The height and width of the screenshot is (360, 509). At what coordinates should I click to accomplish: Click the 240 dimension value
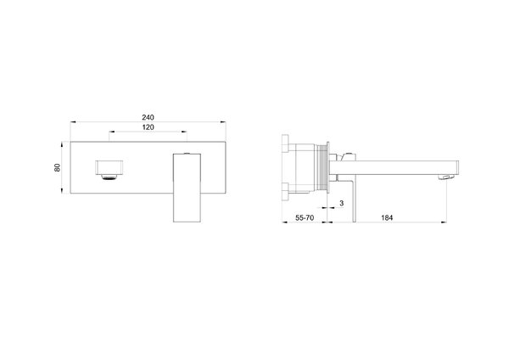point(148,117)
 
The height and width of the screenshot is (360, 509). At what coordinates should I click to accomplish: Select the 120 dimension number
point(148,127)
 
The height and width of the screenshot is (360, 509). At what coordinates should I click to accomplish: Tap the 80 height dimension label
point(57,167)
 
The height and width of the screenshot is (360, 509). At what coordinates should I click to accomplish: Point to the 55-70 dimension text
point(305,217)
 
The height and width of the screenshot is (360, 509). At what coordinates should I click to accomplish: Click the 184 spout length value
point(387,217)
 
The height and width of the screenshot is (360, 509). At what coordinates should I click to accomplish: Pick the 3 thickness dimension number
point(341,204)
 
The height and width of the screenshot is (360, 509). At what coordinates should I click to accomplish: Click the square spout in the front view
point(109,167)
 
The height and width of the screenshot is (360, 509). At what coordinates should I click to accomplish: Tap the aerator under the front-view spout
point(109,177)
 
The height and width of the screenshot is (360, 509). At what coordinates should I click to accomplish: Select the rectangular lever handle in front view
point(187,188)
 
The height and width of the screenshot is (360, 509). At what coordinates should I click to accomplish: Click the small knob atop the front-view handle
point(187,153)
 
